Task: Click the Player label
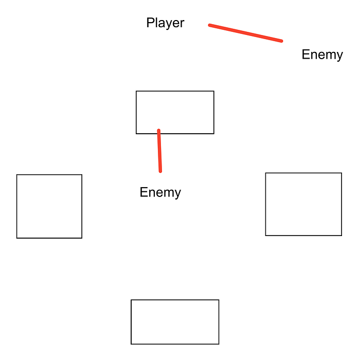point(165,23)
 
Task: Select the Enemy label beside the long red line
point(322,55)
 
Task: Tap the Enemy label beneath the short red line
point(160,193)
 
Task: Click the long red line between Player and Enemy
point(245,33)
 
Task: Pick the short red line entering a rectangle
point(159,151)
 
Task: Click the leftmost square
point(49,206)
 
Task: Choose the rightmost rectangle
point(303,204)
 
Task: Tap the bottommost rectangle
point(175,322)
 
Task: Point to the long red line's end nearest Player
point(210,25)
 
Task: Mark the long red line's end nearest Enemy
point(281,41)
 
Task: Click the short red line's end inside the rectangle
point(158,131)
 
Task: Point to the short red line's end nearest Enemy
point(160,171)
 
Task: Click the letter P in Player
point(150,23)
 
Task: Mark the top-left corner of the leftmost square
point(17,175)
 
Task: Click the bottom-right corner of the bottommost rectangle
point(219,344)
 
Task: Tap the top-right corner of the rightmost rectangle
point(341,173)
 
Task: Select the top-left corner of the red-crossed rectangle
point(136,92)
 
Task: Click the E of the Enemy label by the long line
point(305,55)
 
